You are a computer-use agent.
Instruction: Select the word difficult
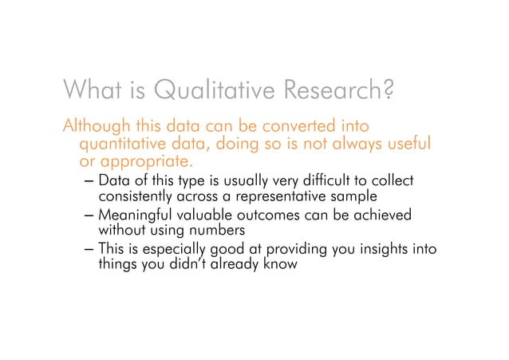322,180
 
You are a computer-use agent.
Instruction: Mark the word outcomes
260,215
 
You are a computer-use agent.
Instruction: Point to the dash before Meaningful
89,216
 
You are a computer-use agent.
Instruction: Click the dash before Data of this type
89,181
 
